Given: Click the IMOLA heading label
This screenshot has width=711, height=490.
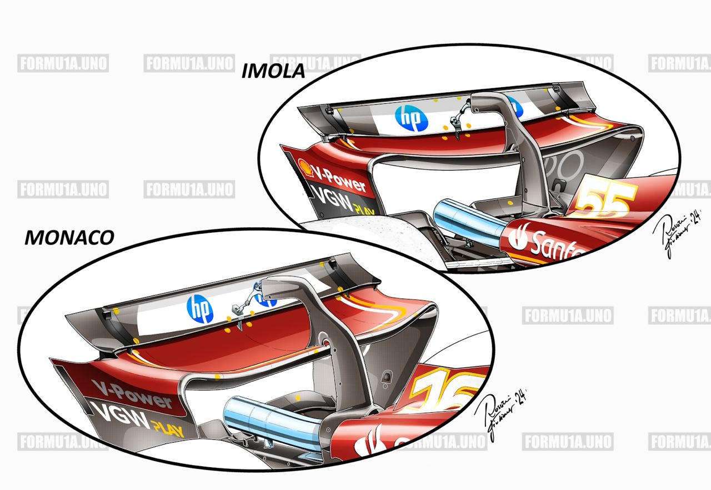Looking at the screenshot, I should point(273,72).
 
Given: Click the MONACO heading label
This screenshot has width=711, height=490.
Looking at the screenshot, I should point(69,237).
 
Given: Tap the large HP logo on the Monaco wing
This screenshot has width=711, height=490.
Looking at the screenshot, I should point(200,308).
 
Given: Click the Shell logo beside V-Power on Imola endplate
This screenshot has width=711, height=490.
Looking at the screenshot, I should point(304,166).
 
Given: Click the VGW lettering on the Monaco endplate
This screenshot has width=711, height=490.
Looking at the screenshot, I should point(120,415).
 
